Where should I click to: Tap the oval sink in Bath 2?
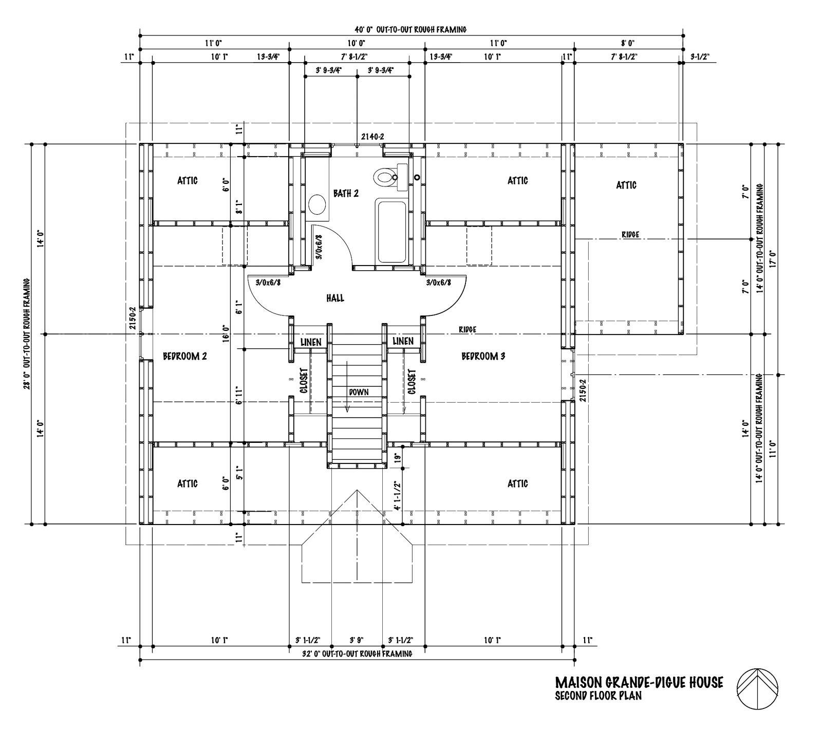point(317,204)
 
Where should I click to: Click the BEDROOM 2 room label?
point(184,356)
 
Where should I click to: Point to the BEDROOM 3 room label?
point(483,356)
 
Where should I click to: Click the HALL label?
point(335,298)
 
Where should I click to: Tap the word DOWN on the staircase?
point(359,391)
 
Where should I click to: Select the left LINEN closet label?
point(311,342)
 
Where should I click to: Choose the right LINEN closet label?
point(403,341)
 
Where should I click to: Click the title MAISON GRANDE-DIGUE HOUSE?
point(639,682)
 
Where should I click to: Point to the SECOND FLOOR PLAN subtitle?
point(598,696)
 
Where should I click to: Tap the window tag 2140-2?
point(372,137)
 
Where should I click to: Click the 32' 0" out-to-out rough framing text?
point(357,654)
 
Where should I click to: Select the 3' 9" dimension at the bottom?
point(357,640)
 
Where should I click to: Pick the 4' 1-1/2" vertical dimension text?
point(396,495)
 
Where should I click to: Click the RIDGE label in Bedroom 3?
point(467,329)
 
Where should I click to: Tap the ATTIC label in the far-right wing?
point(626,185)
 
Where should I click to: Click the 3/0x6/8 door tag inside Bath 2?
point(319,248)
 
